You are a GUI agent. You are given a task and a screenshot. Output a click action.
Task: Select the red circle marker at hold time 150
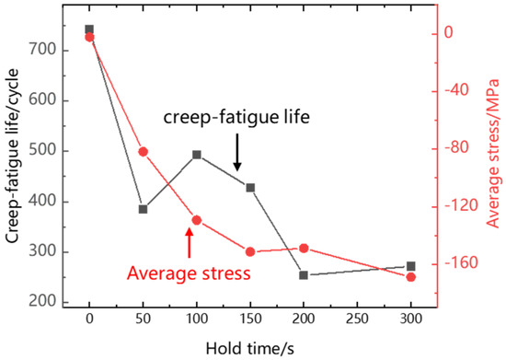coord(250,251)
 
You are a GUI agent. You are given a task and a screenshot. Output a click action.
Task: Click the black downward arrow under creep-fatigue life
coord(237,153)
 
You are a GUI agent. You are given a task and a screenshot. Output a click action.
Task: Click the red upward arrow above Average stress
coord(190,242)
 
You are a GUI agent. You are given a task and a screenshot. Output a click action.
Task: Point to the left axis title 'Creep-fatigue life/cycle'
coord(13,162)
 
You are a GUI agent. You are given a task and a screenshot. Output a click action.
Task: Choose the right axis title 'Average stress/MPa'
coord(492,152)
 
